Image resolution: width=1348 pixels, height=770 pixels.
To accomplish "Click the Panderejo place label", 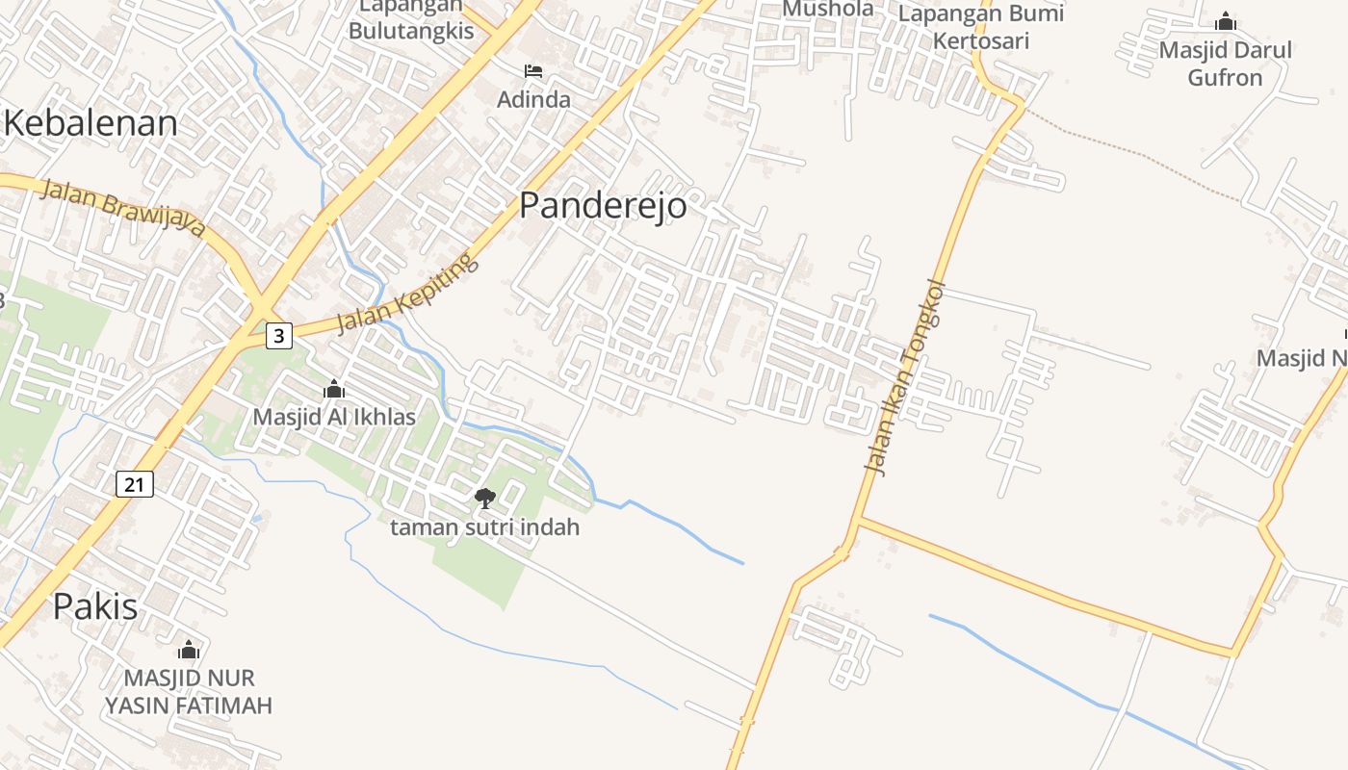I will pos(603,205).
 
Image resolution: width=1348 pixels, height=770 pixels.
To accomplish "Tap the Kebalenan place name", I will pos(91,123).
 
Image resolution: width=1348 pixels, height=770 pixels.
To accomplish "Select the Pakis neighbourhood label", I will pos(94,606).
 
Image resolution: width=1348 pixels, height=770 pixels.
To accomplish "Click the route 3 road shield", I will pos(279,335).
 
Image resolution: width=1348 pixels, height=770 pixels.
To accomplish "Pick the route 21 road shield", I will pos(135,484).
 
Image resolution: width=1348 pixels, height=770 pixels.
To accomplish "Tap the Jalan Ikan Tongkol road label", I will pos(905,377).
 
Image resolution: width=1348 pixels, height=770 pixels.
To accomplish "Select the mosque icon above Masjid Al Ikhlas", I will pos(334,390).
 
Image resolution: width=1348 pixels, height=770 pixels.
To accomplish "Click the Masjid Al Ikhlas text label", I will pos(334,417).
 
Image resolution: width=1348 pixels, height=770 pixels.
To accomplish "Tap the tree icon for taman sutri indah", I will pos(485,498).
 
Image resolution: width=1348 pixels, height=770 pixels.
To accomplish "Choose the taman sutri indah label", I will pos(485,527).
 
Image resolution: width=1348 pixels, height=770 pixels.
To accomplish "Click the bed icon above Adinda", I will pos(533,71).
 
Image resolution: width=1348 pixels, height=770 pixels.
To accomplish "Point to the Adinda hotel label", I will pos(533,99).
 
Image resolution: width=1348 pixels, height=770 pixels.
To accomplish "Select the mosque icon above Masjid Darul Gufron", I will pos(1225,21).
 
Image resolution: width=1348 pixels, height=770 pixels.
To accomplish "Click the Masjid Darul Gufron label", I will pos(1225,64).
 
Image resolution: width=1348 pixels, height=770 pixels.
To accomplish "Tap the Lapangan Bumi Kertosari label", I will pos(980,27).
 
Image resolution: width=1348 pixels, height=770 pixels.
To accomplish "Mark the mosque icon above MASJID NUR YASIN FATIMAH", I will pos(189,650).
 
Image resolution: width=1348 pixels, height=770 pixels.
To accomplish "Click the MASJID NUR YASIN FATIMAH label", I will pos(189,691).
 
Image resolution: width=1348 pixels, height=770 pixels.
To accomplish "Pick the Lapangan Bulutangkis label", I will pos(411,21).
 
